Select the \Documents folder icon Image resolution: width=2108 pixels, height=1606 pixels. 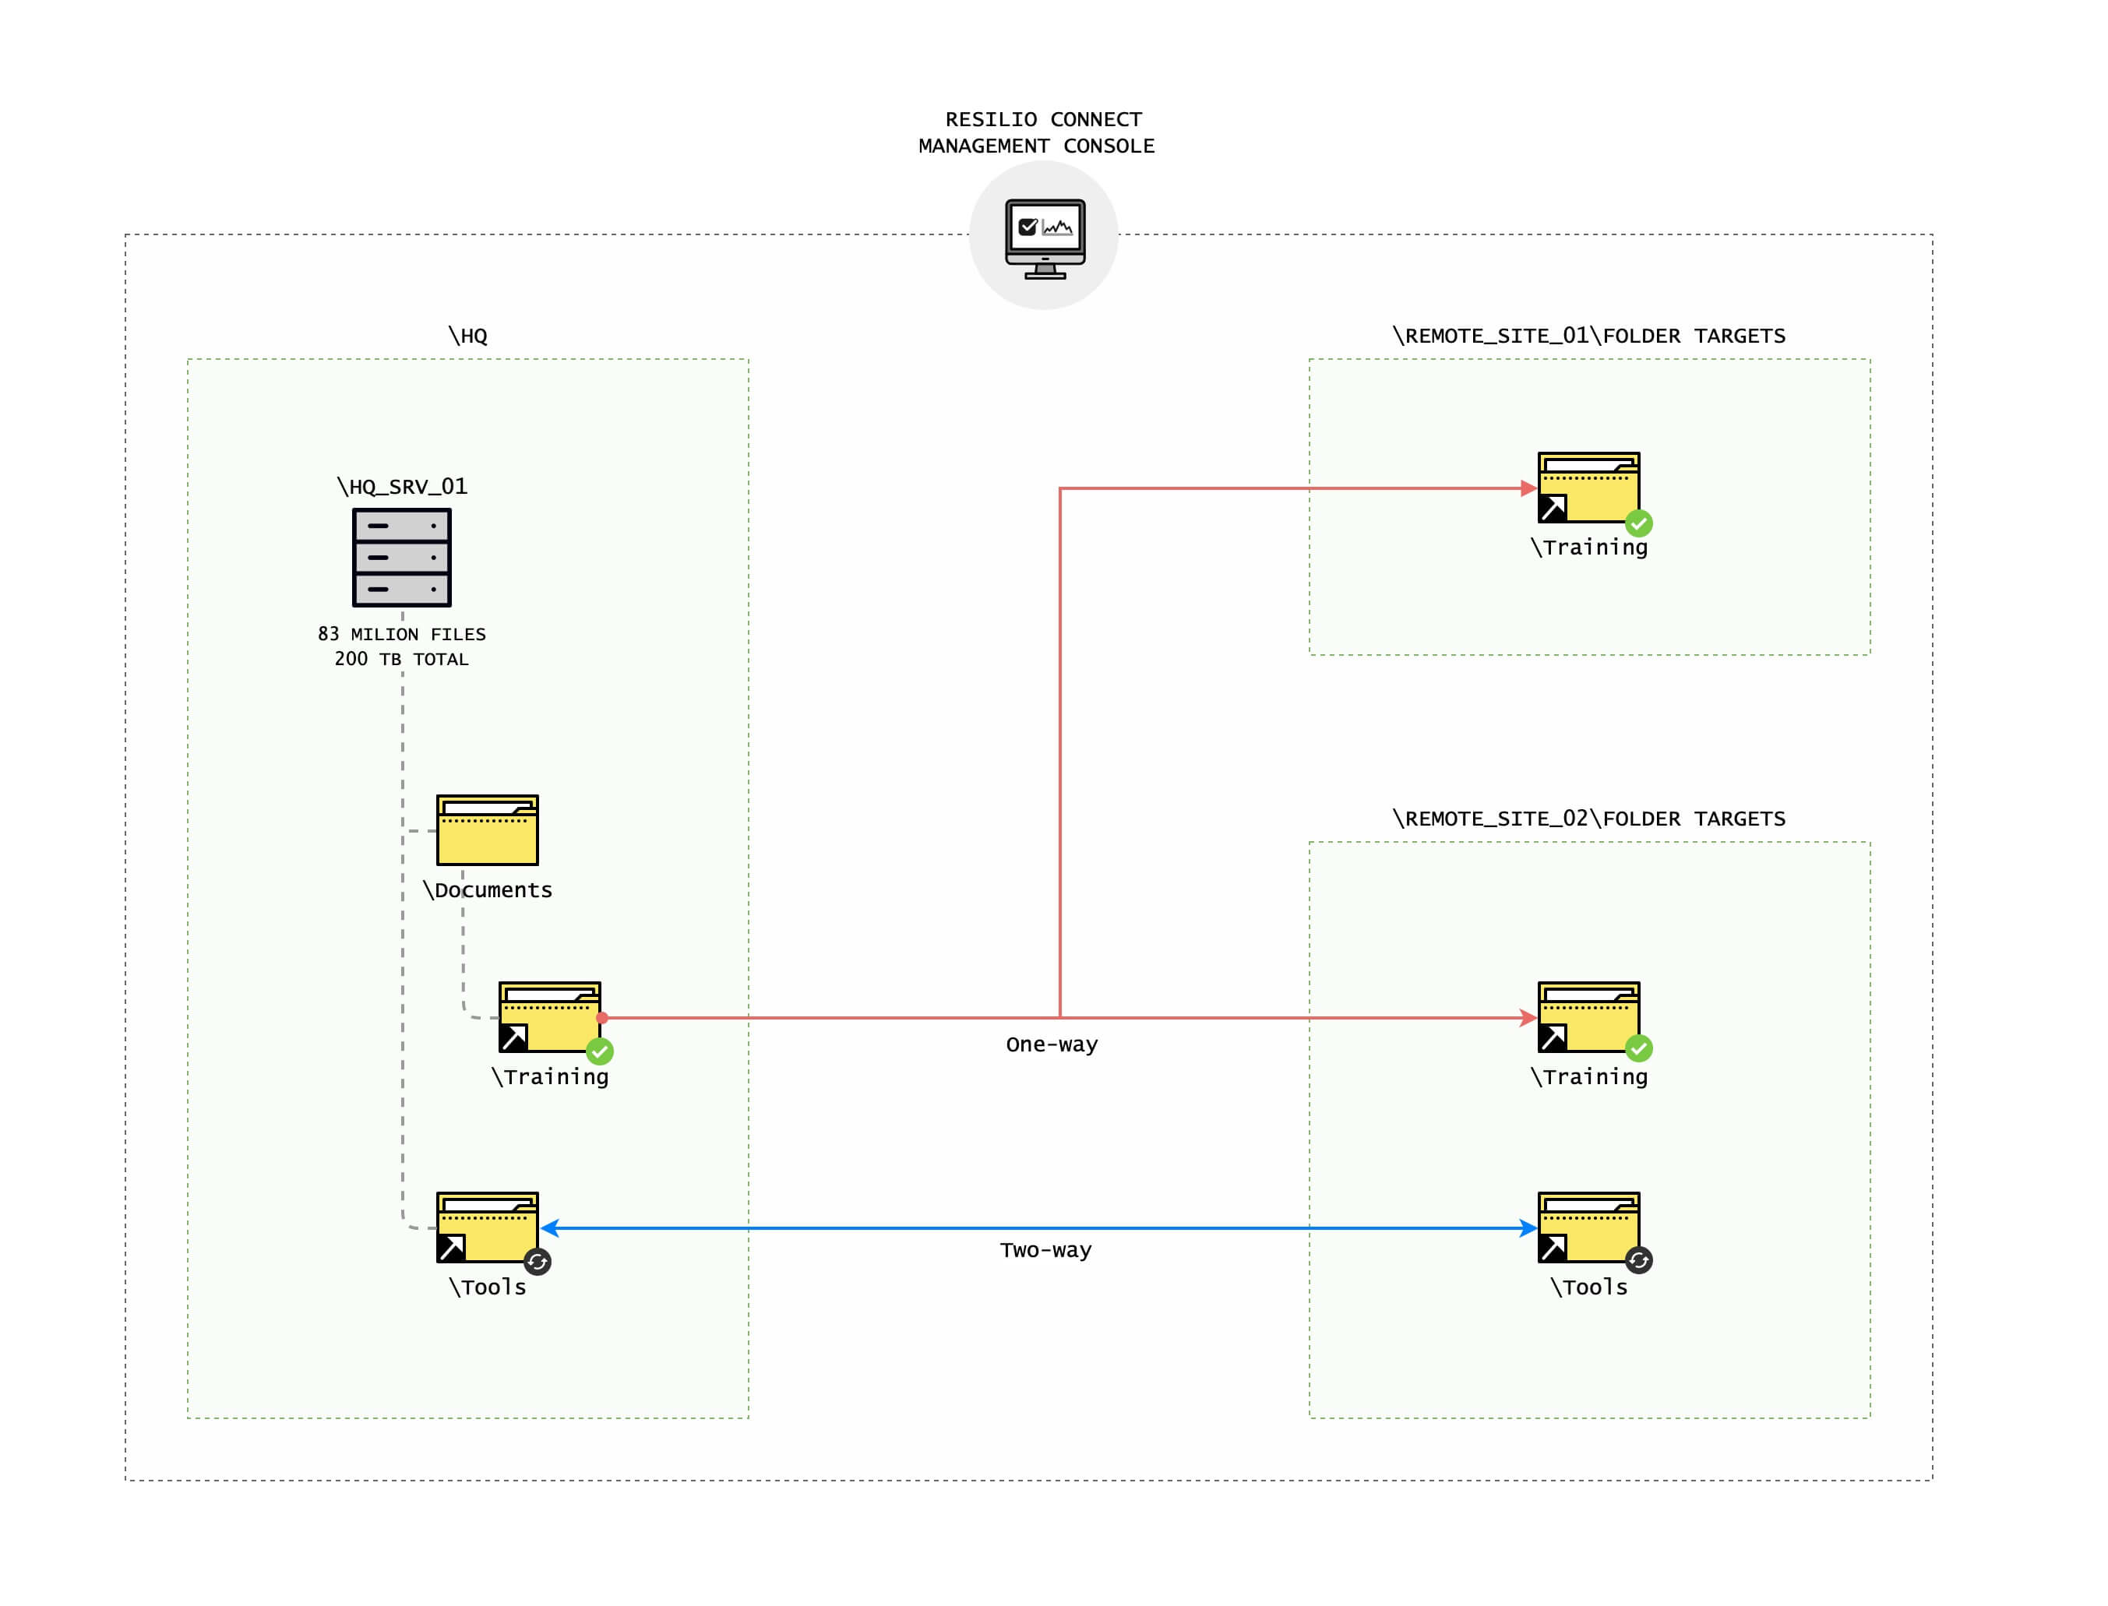(488, 829)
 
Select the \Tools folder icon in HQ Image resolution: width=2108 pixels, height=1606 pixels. (487, 1227)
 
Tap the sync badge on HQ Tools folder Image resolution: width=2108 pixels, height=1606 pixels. (538, 1262)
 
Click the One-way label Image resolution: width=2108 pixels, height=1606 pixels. (1052, 1045)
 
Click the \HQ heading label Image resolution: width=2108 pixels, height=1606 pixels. (467, 336)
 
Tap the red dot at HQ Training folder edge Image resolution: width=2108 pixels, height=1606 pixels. (602, 1018)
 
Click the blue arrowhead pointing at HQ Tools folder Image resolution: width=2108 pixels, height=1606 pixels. (551, 1228)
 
